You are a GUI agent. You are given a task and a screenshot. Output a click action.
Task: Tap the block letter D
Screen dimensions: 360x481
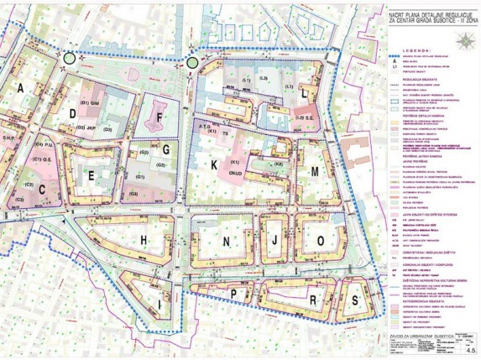point(74,113)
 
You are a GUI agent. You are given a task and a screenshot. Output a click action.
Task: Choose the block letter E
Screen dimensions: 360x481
point(90,175)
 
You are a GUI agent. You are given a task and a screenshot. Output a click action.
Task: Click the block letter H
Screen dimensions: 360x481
point(144,241)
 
